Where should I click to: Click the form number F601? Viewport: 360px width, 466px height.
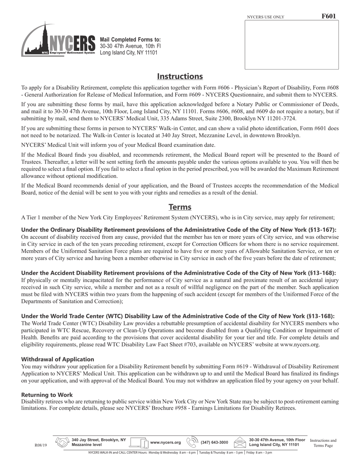tap(328, 16)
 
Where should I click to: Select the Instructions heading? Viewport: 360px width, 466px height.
tap(180, 77)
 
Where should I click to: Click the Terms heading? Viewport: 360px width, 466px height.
tap(180, 207)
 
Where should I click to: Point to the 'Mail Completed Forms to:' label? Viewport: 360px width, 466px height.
tap(130, 40)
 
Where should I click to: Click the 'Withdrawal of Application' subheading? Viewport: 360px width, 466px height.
tap(58, 359)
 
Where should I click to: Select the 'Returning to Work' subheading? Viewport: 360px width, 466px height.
tap(47, 395)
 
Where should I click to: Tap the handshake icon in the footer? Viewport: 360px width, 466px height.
tap(62, 442)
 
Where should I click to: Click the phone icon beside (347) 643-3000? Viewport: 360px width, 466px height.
tap(193, 442)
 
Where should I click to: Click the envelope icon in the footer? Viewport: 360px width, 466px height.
tap(240, 442)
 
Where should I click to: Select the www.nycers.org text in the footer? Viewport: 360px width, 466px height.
tap(165, 443)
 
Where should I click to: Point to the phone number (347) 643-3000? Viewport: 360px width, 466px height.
tap(214, 443)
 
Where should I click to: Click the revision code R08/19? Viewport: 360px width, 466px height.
tap(41, 446)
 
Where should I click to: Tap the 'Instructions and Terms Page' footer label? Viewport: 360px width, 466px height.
tap(323, 443)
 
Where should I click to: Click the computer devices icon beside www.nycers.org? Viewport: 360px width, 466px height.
tap(139, 442)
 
